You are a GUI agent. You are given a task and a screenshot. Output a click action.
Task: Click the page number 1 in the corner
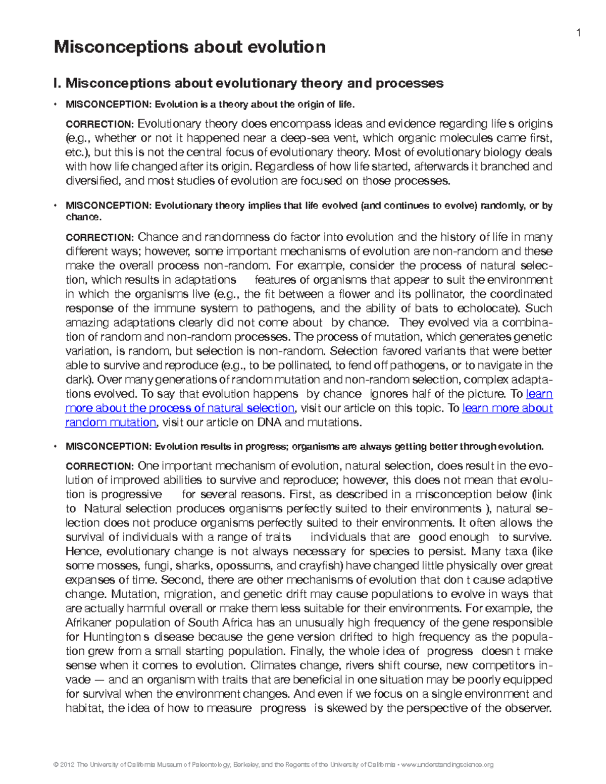580,33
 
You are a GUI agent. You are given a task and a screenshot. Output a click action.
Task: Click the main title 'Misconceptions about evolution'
190,47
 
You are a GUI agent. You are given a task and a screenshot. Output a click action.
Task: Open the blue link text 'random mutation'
111,423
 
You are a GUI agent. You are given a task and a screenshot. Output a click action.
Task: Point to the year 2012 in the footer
67,765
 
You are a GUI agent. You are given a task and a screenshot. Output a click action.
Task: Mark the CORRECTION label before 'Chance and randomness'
99,237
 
